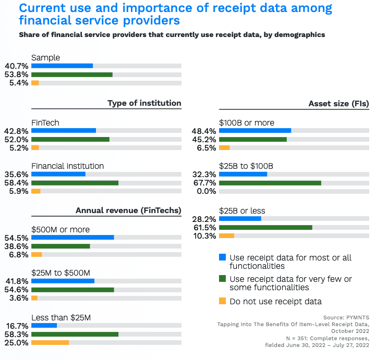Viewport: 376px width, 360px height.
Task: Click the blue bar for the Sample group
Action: tap(62, 66)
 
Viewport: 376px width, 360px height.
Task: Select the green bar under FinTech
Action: tap(70, 140)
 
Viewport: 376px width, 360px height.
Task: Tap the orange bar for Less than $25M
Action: tap(50, 342)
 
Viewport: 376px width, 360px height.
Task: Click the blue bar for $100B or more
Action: tap(255, 131)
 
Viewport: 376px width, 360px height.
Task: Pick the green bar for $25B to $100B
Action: tap(270, 182)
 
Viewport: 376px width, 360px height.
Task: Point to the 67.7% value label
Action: tap(203, 182)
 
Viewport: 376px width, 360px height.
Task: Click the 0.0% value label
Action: tap(205, 191)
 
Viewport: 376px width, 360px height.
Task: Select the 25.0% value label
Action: tap(16, 342)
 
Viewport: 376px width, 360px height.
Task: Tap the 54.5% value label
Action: tap(16, 237)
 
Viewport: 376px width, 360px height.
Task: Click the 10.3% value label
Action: tap(203, 236)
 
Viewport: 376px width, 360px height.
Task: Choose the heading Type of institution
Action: tap(144, 103)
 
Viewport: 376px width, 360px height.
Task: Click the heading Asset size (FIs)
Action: tap(338, 103)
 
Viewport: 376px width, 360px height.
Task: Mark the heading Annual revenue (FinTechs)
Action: tap(128, 210)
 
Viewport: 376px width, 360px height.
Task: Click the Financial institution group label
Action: tap(68, 166)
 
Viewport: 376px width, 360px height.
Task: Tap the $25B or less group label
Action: tap(242, 210)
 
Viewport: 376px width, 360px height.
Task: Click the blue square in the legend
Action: tap(223, 257)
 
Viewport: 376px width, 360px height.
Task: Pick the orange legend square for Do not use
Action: tap(223, 301)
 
